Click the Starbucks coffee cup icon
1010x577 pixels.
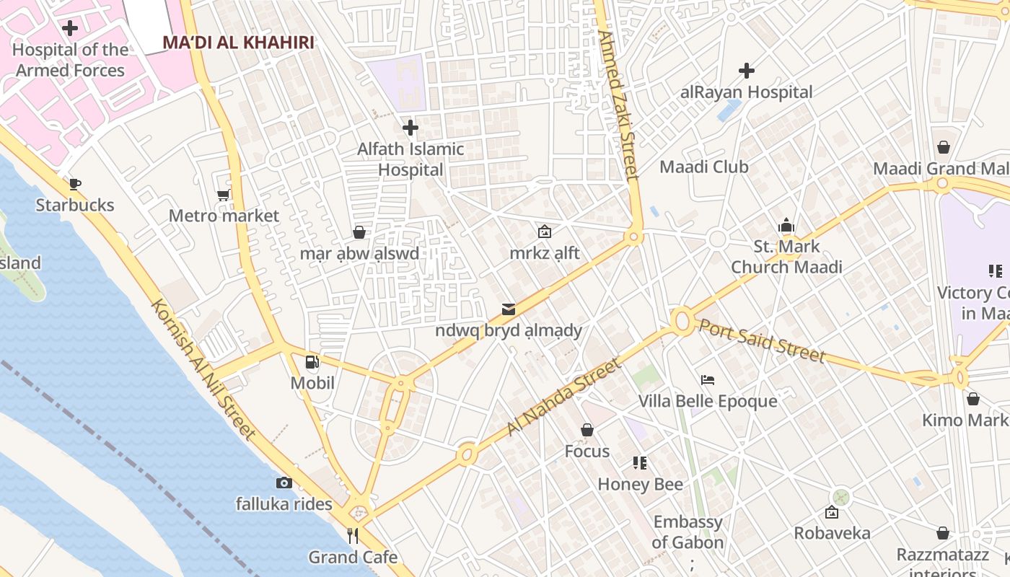tap(75, 184)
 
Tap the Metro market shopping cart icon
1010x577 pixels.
tap(224, 195)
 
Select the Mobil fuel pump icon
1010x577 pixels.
tap(312, 362)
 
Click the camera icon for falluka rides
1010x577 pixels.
tap(284, 483)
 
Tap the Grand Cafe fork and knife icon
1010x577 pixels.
tap(353, 535)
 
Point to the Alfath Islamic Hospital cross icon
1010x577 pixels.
tap(410, 128)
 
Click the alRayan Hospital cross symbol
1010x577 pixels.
tap(747, 71)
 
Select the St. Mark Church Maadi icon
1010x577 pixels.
tap(786, 225)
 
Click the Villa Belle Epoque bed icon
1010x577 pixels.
tap(708, 379)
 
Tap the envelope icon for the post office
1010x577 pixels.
tap(509, 309)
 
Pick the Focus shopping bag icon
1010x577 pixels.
tap(587, 430)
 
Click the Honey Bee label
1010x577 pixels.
tap(640, 484)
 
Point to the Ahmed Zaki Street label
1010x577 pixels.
tap(619, 105)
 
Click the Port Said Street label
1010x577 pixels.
tap(762, 340)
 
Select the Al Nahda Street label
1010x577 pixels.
tap(563, 397)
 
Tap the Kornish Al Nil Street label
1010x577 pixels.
tap(203, 369)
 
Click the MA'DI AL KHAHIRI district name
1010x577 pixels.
tap(238, 43)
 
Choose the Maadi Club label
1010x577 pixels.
tap(704, 167)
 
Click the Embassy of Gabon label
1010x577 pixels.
tap(688, 532)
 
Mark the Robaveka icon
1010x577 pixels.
tap(832, 512)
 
